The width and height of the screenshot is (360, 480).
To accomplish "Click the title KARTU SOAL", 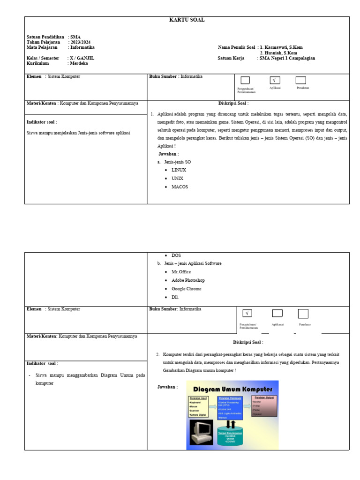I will [x=187, y=20].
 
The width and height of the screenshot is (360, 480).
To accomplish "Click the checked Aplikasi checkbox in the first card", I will [x=275, y=80].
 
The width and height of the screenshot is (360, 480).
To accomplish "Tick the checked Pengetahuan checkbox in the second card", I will [x=247, y=313].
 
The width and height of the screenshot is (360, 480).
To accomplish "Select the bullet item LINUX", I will [x=179, y=170].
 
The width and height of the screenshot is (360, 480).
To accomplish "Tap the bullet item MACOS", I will [x=180, y=187].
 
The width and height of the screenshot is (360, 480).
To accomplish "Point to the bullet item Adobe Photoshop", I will [x=188, y=280].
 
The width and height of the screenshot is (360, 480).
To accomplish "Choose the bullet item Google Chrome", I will [x=186, y=289].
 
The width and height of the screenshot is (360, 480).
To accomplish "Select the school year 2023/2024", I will [x=80, y=42].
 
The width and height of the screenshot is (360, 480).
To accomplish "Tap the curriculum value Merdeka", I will [x=79, y=63].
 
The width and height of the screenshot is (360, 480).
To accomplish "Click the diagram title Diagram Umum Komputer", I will [x=233, y=389].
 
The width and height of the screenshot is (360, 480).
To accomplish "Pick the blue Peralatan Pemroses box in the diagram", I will [x=230, y=407].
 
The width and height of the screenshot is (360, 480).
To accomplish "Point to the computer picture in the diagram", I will [x=201, y=432].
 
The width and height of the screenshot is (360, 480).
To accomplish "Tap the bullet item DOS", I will [x=176, y=255].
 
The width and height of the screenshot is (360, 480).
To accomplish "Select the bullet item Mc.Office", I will [x=181, y=272].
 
